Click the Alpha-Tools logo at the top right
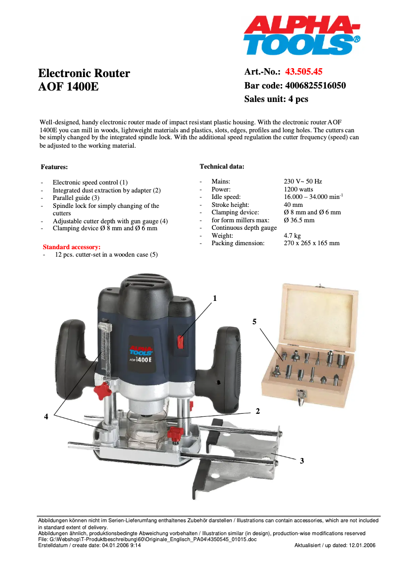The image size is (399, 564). pyautogui.click(x=301, y=35)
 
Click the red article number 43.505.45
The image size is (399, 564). pyautogui.click(x=303, y=72)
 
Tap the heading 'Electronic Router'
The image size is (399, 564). pyautogui.click(x=84, y=73)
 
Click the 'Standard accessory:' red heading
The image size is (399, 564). pyautogui.click(x=72, y=247)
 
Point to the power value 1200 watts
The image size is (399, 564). pyautogui.click(x=299, y=189)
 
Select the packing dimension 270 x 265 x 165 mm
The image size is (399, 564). pyautogui.click(x=311, y=243)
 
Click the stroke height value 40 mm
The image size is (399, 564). pyautogui.click(x=293, y=204)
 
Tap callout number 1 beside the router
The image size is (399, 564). pyautogui.click(x=215, y=298)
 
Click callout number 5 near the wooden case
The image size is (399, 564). pyautogui.click(x=254, y=322)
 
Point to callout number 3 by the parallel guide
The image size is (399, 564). pyautogui.click(x=301, y=461)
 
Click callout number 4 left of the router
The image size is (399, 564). pyautogui.click(x=46, y=417)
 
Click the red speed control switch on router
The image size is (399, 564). pyautogui.click(x=181, y=341)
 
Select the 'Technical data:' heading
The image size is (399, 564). pyautogui.click(x=222, y=166)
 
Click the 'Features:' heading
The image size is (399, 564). pyautogui.click(x=54, y=167)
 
